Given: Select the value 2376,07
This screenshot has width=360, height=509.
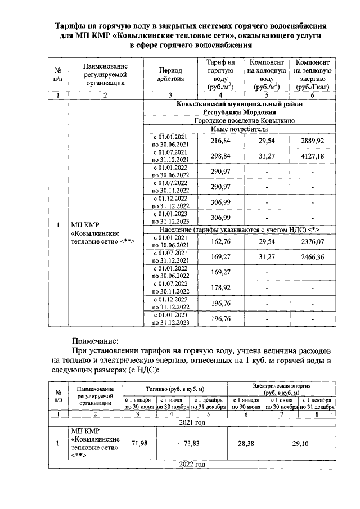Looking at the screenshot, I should click(x=312, y=242).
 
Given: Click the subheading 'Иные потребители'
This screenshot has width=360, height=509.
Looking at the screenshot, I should click(x=242, y=129).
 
